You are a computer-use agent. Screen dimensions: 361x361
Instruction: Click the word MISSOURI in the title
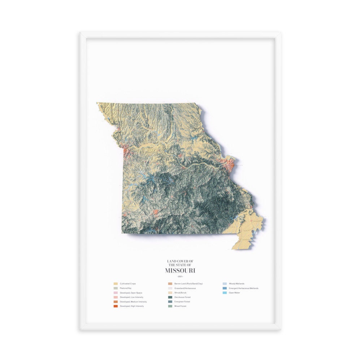[x=180, y=270]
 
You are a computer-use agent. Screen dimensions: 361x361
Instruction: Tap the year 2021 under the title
[x=180, y=277]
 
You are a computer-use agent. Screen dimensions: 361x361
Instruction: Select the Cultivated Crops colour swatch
[x=116, y=284]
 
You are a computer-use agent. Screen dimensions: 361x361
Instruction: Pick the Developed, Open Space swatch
[x=116, y=293]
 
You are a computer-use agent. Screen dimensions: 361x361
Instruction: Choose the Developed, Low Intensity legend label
[x=131, y=297]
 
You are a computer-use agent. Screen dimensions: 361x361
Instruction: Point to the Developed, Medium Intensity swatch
[x=116, y=301]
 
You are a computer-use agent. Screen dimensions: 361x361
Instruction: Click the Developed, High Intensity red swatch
[x=116, y=306]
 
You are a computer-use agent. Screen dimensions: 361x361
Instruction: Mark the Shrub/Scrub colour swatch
[x=170, y=293]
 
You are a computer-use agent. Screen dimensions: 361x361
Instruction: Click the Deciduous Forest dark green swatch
[x=170, y=297]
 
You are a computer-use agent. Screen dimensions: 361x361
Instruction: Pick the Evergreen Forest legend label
[x=182, y=301]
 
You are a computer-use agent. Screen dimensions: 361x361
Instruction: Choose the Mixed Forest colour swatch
[x=170, y=306]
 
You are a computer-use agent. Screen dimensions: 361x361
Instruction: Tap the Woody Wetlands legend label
[x=236, y=284]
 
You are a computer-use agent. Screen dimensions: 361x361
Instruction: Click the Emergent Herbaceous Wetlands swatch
[x=224, y=288]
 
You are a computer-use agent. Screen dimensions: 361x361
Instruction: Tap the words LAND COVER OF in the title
[x=180, y=261]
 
